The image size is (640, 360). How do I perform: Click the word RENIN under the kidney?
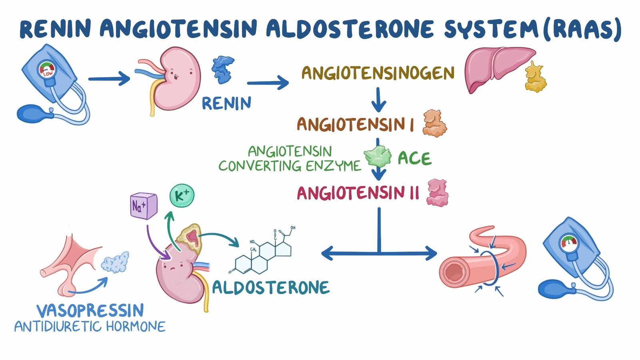pyautogui.click(x=226, y=103)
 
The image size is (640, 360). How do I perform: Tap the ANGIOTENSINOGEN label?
pyautogui.click(x=378, y=73)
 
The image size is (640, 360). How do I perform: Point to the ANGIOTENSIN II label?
pyautogui.click(x=358, y=194)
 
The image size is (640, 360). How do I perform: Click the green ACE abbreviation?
pyautogui.click(x=414, y=159)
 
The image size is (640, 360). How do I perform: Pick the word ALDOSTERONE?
pyautogui.click(x=271, y=288)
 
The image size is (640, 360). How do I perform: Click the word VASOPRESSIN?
pyautogui.click(x=90, y=310)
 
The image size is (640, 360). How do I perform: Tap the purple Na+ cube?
pyautogui.click(x=143, y=206)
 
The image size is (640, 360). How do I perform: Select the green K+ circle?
pyautogui.click(x=182, y=196)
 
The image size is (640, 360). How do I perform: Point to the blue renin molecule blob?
pyautogui.click(x=223, y=70)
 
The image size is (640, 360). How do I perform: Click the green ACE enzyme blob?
pyautogui.click(x=377, y=156)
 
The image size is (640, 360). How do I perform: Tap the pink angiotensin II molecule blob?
pyautogui.click(x=438, y=193)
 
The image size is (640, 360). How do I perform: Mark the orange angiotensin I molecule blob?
pyautogui.click(x=434, y=124)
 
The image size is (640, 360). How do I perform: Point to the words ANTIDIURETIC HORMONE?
pyautogui.click(x=90, y=327)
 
